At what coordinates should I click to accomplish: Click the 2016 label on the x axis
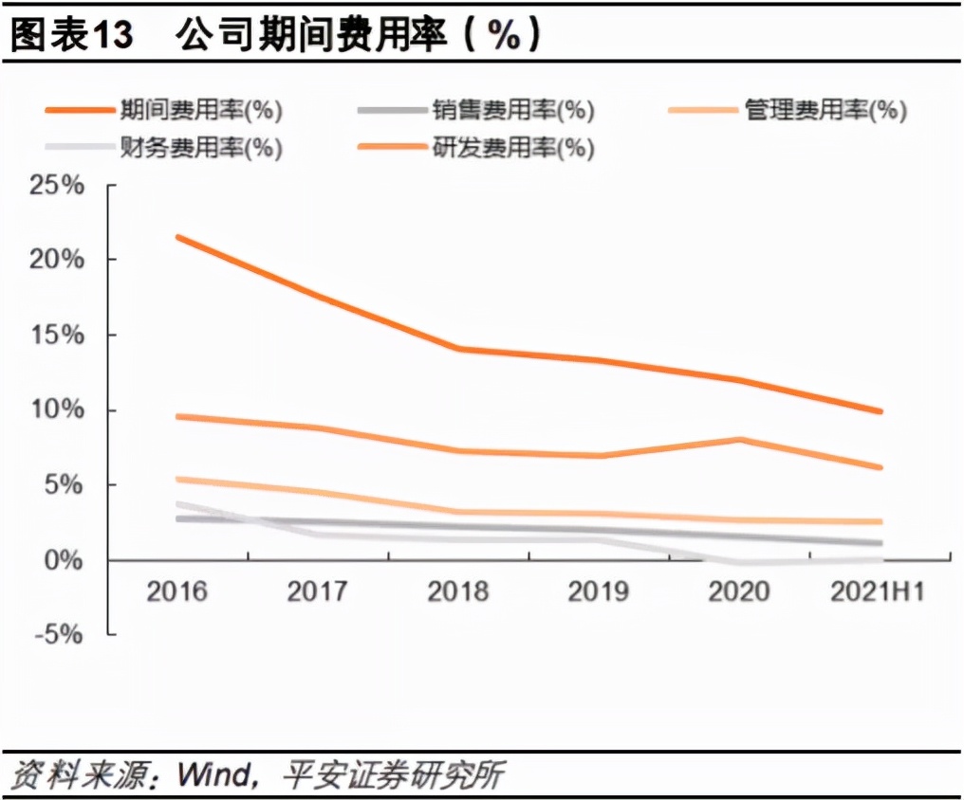(177, 592)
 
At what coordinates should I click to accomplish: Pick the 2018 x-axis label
(458, 592)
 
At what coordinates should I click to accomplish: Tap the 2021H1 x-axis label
(877, 592)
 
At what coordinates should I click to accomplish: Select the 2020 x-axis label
(738, 592)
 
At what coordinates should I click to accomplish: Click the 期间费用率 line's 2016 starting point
(178, 237)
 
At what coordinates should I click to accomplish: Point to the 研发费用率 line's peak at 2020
(738, 440)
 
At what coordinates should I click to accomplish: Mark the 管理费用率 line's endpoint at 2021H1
(880, 521)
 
